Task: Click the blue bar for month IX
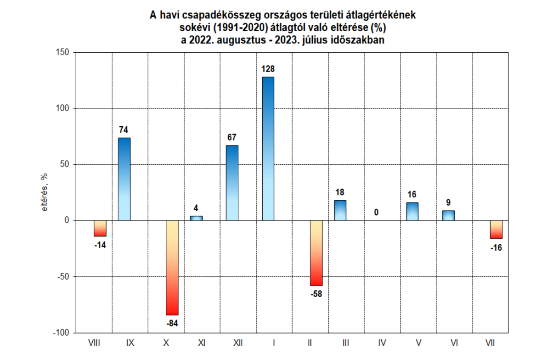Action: coord(124,179)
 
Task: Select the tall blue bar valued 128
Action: coord(268,149)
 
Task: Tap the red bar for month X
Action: coord(172,268)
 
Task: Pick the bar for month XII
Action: coord(232,183)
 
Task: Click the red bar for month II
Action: coord(316,253)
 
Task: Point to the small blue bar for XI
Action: coord(196,218)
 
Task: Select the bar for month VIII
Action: coord(100,228)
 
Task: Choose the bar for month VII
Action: coord(496,230)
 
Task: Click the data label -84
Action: coord(172,323)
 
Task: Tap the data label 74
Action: coord(124,130)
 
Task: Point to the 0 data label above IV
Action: coord(376,213)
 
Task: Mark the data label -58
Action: coord(316,294)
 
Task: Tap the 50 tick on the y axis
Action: coord(63,164)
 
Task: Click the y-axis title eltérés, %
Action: coord(45,192)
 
